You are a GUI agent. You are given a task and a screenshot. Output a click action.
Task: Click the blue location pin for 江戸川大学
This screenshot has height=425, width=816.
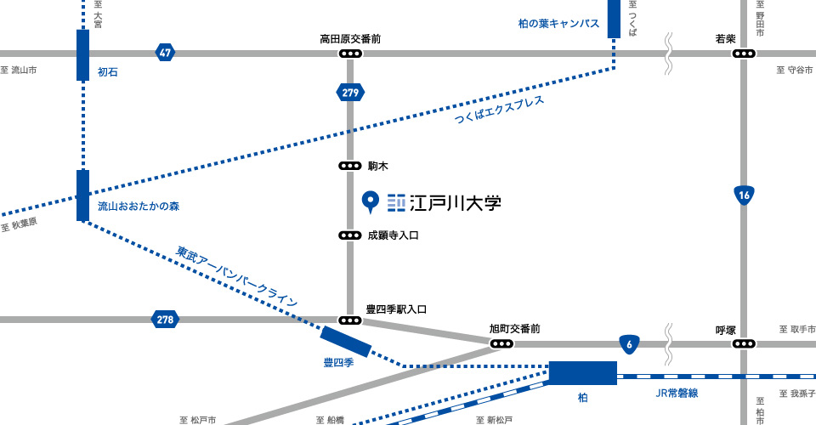coord(370,201)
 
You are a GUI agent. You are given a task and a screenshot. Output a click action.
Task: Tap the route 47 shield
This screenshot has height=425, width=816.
coord(165,53)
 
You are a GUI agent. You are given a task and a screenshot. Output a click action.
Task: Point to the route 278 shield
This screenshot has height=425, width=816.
coord(165,320)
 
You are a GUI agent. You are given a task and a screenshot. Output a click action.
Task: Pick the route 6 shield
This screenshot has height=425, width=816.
coord(628,343)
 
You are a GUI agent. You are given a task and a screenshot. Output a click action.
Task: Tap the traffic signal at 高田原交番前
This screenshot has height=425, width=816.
coord(349,54)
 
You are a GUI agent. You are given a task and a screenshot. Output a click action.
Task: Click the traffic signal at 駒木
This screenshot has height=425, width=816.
coord(349,166)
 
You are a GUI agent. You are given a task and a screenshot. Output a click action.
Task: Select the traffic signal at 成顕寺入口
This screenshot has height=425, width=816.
coord(349,235)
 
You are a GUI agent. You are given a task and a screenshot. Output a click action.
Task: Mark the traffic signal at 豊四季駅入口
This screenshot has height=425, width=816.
coord(349,320)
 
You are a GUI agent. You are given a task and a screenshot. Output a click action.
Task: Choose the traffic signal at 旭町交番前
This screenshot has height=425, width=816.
coord(501,343)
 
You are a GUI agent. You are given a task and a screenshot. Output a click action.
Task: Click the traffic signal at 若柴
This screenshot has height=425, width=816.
coord(744,54)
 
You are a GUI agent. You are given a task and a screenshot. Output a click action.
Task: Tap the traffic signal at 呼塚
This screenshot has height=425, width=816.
coord(744,343)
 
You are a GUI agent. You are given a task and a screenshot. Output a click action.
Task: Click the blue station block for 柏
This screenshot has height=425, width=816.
coord(582,372)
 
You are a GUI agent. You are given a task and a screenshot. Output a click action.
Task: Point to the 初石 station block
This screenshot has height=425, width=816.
coord(82,54)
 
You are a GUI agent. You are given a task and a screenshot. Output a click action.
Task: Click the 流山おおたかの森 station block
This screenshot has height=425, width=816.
coord(82,195)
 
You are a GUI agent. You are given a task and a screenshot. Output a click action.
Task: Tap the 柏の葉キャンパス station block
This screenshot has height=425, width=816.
coord(614,19)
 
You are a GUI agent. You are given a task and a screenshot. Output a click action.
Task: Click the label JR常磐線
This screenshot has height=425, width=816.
coord(677,393)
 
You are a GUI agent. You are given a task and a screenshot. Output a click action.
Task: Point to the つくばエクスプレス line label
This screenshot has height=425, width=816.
coord(499,111)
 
